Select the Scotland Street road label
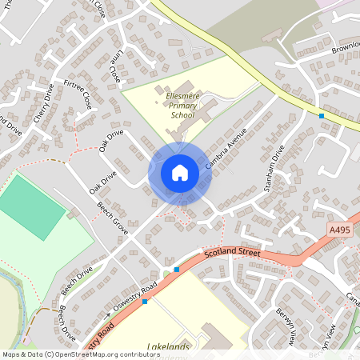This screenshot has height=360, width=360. tap(232, 253)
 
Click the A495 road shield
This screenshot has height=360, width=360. tap(341, 230)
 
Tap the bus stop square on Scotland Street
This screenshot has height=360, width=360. tap(177, 270)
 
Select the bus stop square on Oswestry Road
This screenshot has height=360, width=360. tap(145, 302)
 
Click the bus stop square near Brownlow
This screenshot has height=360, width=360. tap(322, 116)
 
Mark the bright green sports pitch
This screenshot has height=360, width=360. tap(31, 205)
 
